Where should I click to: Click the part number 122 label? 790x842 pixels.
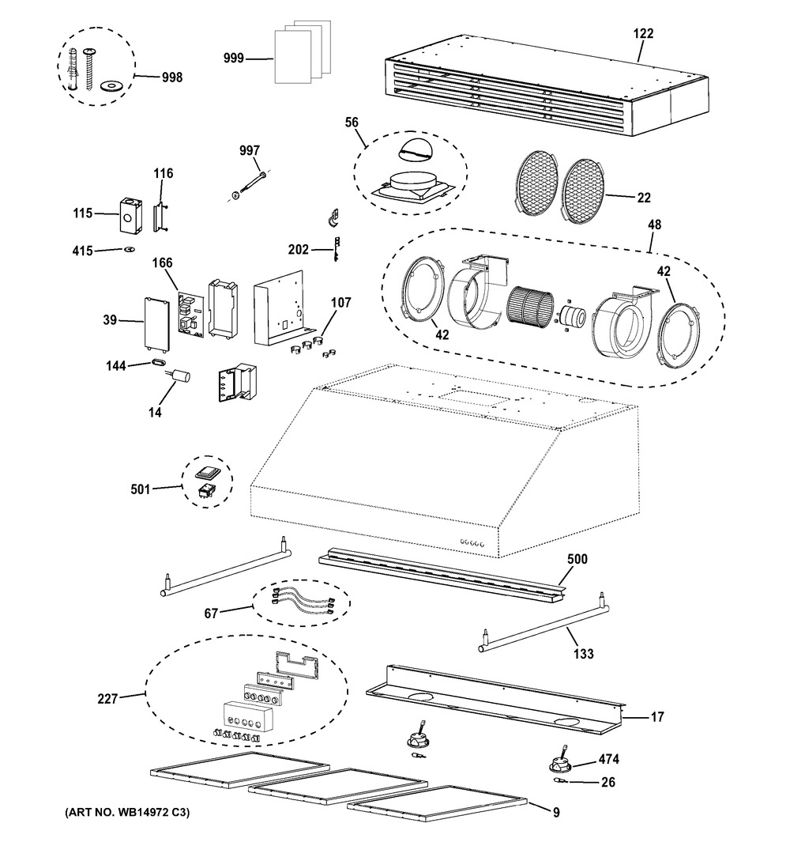click(643, 33)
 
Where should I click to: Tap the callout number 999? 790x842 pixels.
click(234, 58)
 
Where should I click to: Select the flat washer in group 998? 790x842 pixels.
click(111, 85)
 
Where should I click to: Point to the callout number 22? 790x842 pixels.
click(644, 198)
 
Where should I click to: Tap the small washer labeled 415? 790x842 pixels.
click(129, 249)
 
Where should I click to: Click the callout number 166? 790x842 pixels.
click(162, 262)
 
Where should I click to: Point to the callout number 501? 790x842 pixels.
click(141, 489)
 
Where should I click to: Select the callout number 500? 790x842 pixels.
click(577, 559)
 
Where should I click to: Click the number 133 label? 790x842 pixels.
click(583, 654)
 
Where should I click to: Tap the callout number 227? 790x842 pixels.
click(107, 699)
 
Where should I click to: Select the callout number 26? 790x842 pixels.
click(608, 782)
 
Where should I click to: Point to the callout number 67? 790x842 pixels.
click(211, 613)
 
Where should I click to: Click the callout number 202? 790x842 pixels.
click(299, 249)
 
